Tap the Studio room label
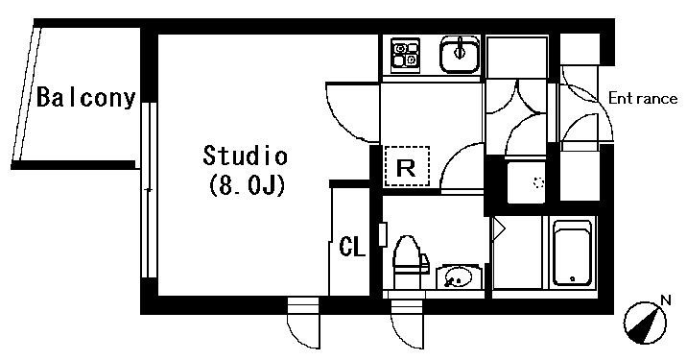pyautogui.click(x=245, y=155)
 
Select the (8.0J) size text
pyautogui.click(x=245, y=184)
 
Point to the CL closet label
pyautogui.click(x=352, y=248)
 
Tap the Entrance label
pyautogui.click(x=642, y=97)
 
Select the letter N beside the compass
pyautogui.click(x=666, y=301)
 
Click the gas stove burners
pyautogui.click(x=404, y=54)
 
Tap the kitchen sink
pyautogui.click(x=459, y=54)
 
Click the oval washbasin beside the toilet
pyautogui.click(x=458, y=278)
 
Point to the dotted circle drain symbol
pyautogui.click(x=537, y=182)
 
